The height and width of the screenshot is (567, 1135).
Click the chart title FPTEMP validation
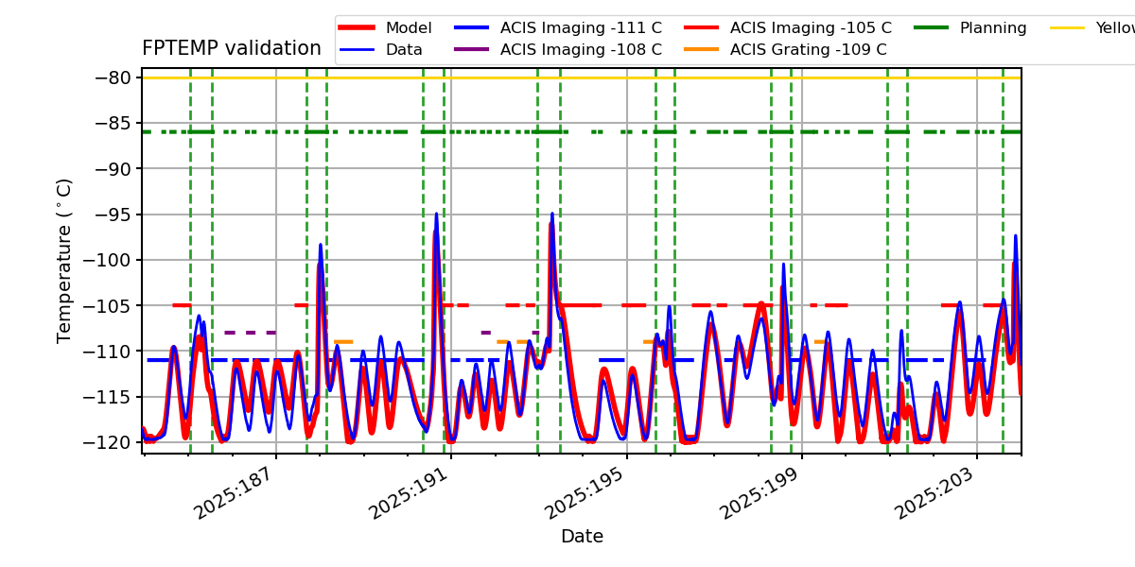pos(232,48)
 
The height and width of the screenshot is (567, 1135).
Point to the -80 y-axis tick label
pos(116,77)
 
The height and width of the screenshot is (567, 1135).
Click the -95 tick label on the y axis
pos(116,215)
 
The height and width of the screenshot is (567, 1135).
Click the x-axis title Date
pos(582,537)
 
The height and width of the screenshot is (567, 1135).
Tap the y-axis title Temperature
pos(64,260)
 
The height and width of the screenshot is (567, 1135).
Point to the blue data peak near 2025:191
pos(436,214)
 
